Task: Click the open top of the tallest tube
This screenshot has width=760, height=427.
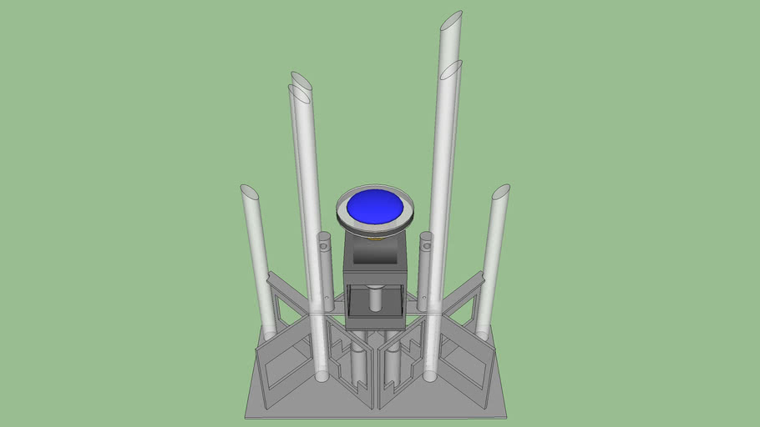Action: pos(451,21)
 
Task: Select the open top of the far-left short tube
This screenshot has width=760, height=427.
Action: pos(249,192)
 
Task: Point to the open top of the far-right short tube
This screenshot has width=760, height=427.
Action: pos(500,192)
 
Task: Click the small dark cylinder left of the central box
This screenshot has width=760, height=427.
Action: pos(326,267)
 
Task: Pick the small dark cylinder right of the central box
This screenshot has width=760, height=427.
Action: pos(425,267)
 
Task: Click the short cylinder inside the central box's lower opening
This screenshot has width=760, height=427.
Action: pos(376,299)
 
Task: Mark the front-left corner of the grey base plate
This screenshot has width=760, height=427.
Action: pos(246,415)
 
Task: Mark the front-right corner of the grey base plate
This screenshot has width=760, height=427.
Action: pos(504,414)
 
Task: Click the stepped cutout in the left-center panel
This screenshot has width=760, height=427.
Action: pos(345,359)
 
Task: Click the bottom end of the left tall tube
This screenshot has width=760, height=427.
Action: pos(322,376)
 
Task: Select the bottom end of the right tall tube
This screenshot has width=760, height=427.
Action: pos(429,376)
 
